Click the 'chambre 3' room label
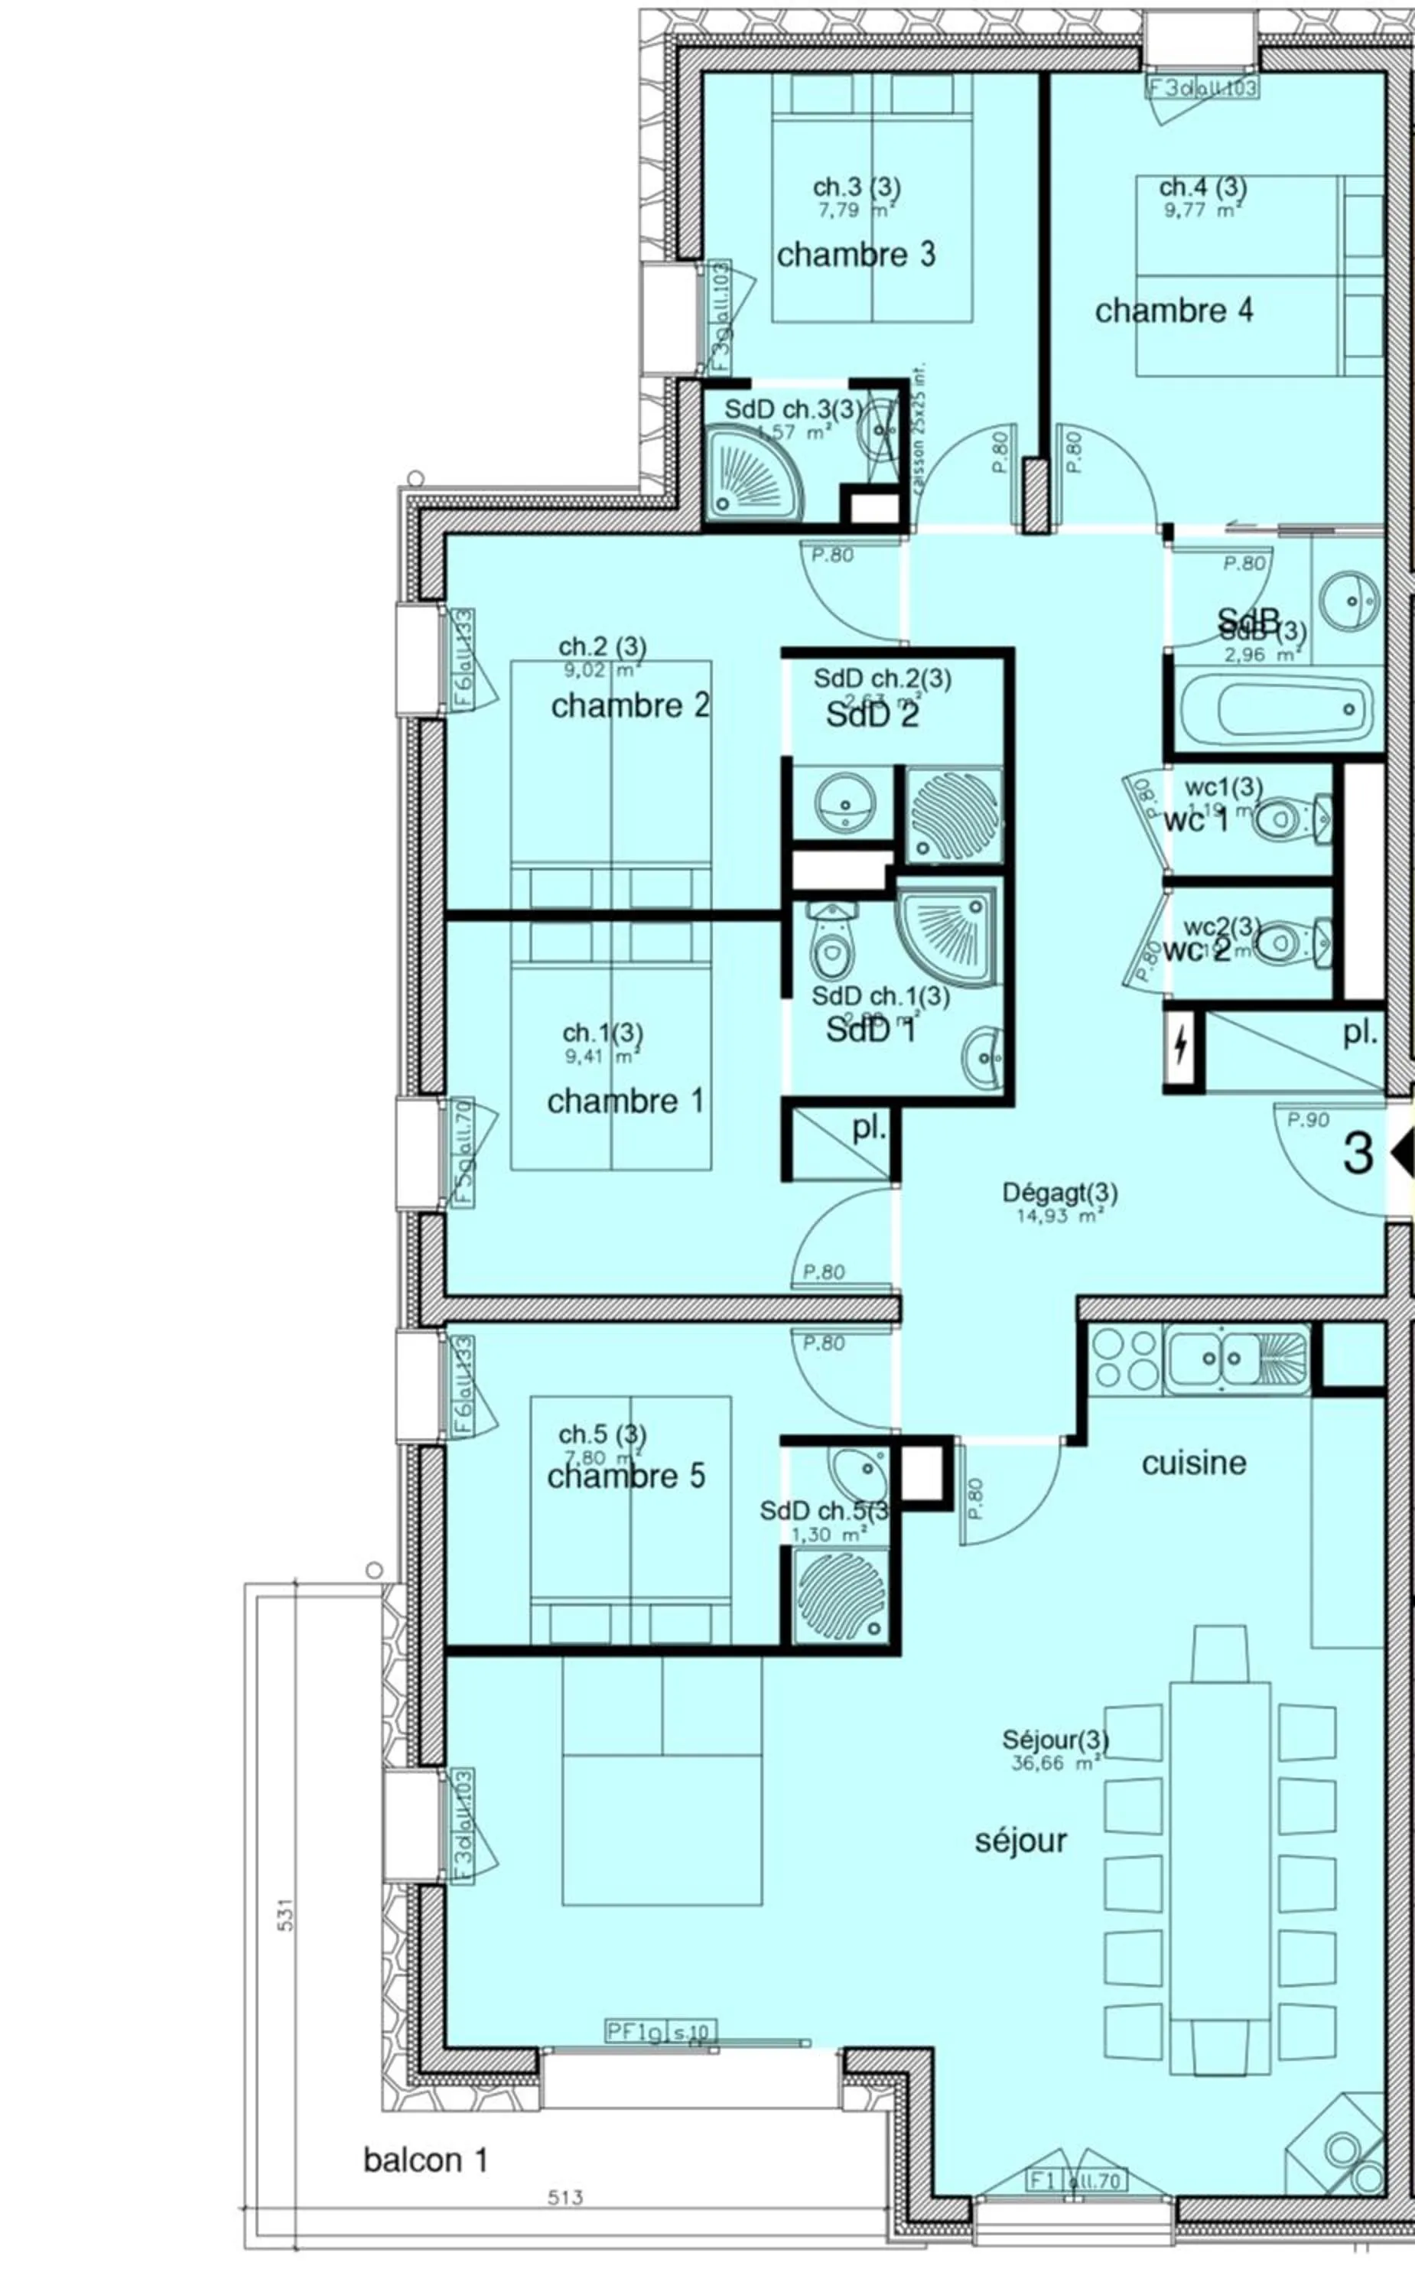click(x=855, y=255)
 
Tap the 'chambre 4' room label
click(x=1173, y=311)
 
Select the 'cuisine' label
click(x=1193, y=1463)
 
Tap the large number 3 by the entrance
click(x=1358, y=1153)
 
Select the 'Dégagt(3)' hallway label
click(x=1059, y=1193)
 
